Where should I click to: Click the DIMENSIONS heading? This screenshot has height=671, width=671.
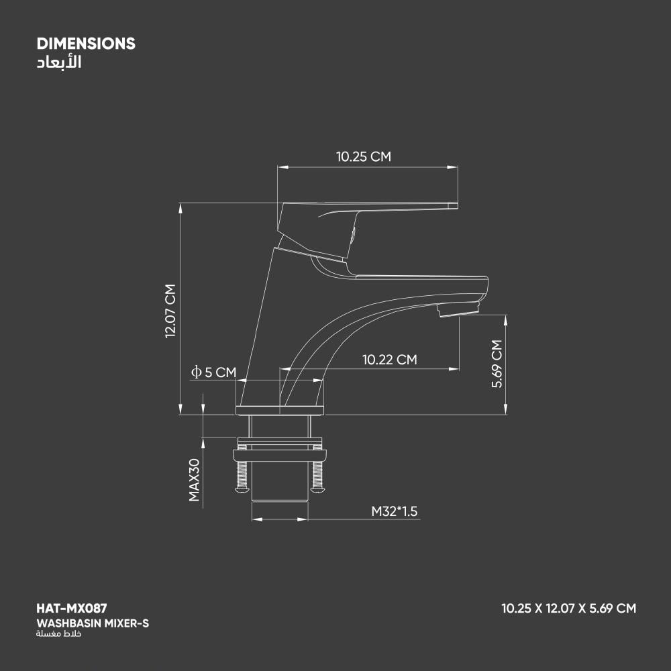click(86, 44)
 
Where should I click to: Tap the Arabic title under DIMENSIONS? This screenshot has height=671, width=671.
click(59, 62)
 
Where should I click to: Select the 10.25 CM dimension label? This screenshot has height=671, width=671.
click(363, 156)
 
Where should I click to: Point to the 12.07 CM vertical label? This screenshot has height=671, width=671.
click(170, 311)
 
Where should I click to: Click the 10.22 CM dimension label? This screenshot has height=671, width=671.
click(389, 360)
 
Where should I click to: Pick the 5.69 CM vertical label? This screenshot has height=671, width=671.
click(497, 364)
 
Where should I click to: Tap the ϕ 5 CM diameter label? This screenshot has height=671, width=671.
click(213, 372)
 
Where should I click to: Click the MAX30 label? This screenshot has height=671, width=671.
click(195, 480)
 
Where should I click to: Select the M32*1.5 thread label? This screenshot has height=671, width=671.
click(394, 511)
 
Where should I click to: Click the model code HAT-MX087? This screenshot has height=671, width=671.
click(72, 608)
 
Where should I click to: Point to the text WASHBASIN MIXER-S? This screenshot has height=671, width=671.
click(93, 623)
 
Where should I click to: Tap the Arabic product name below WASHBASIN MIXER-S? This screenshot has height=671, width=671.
click(58, 634)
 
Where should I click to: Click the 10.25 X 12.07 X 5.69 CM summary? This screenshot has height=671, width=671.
click(569, 608)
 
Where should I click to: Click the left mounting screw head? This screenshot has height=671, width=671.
click(242, 490)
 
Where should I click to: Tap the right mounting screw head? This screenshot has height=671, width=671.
click(317, 490)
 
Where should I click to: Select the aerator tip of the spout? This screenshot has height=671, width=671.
click(458, 309)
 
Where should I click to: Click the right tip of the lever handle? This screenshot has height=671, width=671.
click(457, 206)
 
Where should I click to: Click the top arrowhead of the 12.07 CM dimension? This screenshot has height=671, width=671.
click(180, 208)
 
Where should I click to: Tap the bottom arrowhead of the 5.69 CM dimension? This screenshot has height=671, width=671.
click(506, 409)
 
